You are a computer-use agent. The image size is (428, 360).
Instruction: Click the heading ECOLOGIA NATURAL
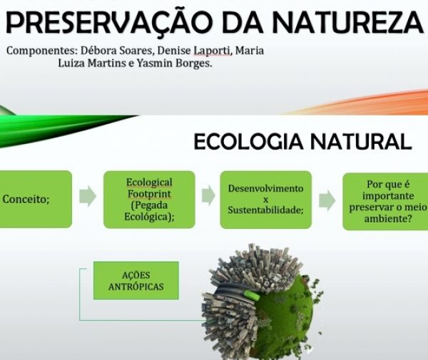click(302, 141)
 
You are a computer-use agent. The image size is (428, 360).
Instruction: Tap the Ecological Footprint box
click(149, 199)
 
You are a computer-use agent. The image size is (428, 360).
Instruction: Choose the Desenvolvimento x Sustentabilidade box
click(265, 199)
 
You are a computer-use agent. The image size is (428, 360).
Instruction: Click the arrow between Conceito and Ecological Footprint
click(88, 197)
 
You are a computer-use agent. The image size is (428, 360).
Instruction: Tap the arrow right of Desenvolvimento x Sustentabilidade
click(327, 200)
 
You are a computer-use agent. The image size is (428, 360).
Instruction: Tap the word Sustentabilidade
click(265, 210)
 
